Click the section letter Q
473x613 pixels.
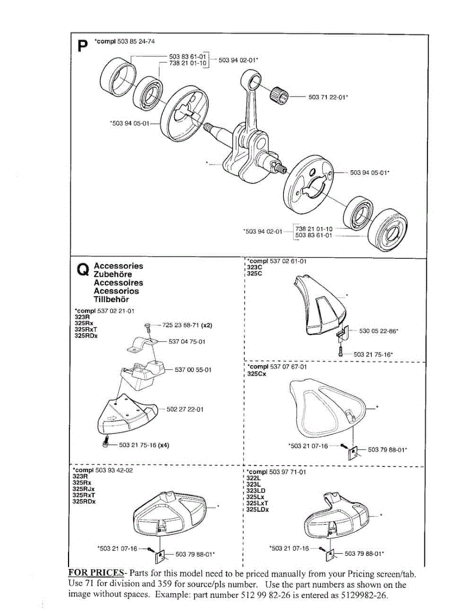tap(82, 270)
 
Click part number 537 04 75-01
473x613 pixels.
tap(187, 342)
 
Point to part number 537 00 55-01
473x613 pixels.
tap(193, 370)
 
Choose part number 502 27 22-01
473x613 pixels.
tap(185, 409)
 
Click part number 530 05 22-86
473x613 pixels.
tap(378, 331)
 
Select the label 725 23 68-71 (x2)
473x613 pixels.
tap(187, 325)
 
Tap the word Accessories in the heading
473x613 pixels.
tap(119, 266)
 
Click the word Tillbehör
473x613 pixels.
tap(111, 299)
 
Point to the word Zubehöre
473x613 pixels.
tap(112, 274)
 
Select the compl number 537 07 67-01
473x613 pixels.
tap(288, 366)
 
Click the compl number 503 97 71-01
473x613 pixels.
tap(288, 472)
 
